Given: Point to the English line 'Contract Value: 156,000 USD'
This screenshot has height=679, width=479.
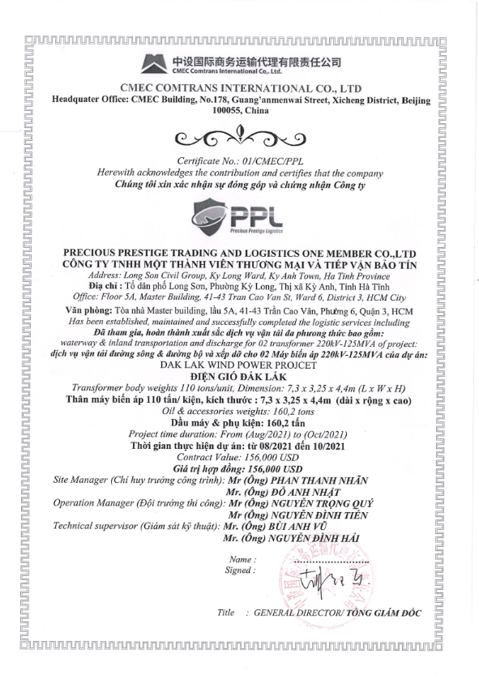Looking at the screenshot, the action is tap(238, 457).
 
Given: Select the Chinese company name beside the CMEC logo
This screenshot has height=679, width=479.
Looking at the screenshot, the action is tap(259, 61).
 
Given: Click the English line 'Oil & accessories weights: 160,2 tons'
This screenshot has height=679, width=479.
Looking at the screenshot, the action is tap(238, 412).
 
